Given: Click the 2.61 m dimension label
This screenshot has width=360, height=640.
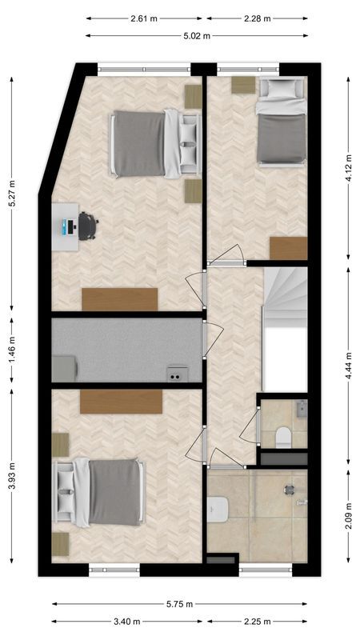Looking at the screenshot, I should pyautogui.click(x=144, y=18).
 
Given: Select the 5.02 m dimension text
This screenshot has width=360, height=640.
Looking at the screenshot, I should pyautogui.click(x=196, y=35).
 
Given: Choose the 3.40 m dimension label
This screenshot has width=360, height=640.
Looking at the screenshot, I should pyautogui.click(x=128, y=622).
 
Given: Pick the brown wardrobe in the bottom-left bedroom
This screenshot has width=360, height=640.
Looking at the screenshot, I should pyautogui.click(x=121, y=402).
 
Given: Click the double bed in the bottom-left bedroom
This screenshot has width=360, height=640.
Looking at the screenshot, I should pyautogui.click(x=100, y=492).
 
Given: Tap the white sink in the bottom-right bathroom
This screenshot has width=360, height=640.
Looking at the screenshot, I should pyautogui.click(x=218, y=507).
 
